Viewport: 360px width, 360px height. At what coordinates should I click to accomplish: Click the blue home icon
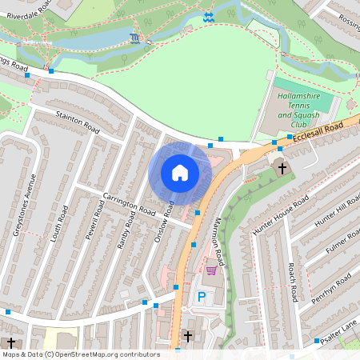click(179, 172)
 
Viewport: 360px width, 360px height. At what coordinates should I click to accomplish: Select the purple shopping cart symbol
click(211, 270)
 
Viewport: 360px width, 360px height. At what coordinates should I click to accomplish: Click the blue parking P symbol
click(201, 297)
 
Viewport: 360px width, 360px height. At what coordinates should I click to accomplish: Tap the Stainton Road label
click(78, 122)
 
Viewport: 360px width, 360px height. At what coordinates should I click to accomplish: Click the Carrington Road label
click(130, 204)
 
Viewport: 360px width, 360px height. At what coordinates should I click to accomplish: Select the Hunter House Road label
click(279, 214)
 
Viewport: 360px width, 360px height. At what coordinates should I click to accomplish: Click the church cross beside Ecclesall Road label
click(281, 168)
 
